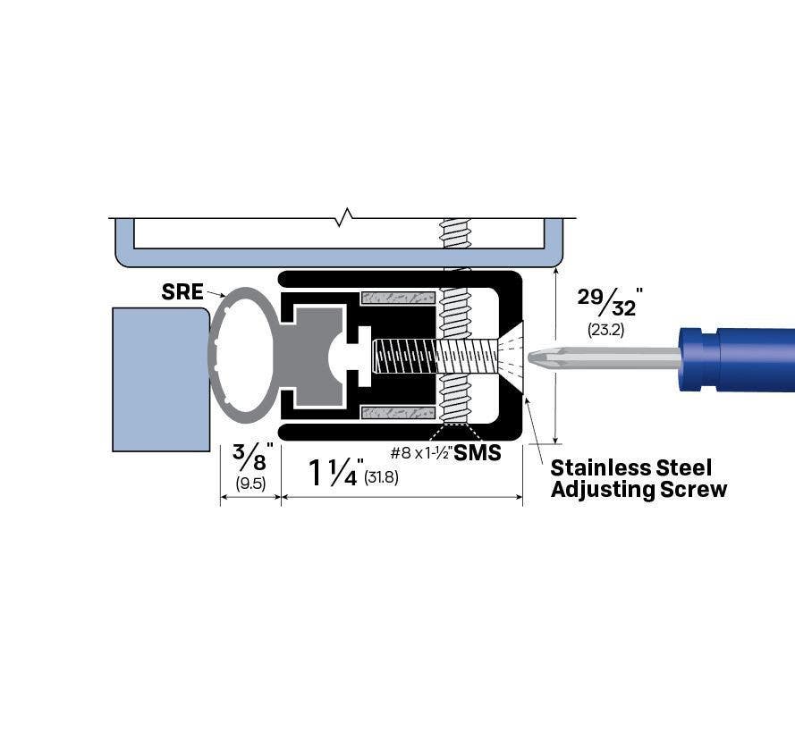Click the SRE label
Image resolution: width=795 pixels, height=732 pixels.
[182, 291]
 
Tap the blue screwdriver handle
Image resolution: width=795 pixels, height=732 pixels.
[737, 358]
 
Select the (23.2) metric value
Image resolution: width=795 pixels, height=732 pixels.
[605, 330]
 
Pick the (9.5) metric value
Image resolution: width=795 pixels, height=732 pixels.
[250, 484]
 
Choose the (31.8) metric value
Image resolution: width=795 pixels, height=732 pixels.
[382, 477]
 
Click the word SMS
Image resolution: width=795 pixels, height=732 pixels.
[477, 453]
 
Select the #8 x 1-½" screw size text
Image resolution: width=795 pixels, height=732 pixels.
[419, 454]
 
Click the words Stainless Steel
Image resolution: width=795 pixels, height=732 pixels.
[630, 467]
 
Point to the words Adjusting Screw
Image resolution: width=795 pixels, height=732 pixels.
[639, 490]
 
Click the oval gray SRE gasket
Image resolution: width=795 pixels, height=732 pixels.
[243, 355]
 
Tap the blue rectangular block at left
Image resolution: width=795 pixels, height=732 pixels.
[160, 379]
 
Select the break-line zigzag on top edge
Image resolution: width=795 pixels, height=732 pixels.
[347, 215]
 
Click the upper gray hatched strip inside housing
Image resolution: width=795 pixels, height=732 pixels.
[397, 297]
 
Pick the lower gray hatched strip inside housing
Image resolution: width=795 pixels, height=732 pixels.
[397, 413]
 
